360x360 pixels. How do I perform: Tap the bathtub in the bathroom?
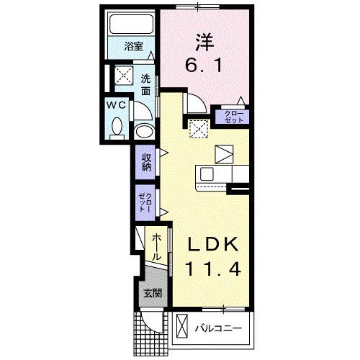(132, 30)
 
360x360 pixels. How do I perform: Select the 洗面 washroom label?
(145, 85)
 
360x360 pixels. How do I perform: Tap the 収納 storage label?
(145, 162)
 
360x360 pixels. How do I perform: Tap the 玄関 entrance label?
(150, 293)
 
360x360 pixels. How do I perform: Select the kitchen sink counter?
(222, 174)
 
